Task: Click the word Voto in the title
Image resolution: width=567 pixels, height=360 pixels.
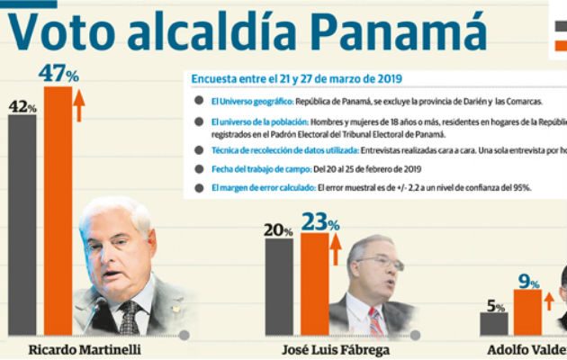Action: [x=62, y=33]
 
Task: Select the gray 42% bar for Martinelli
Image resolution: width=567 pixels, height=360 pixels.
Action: [x=22, y=225]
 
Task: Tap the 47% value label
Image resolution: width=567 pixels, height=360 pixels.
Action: [x=57, y=71]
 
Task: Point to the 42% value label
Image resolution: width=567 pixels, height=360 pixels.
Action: [x=22, y=106]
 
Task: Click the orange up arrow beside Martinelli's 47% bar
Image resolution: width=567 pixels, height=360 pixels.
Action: [x=79, y=104]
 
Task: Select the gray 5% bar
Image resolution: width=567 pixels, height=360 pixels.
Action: [x=494, y=323]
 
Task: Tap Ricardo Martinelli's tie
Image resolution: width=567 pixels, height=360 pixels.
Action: [x=131, y=317]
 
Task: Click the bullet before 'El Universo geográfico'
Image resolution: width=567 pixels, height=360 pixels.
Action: [x=197, y=103]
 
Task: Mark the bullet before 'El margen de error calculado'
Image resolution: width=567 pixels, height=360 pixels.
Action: [x=197, y=187]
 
